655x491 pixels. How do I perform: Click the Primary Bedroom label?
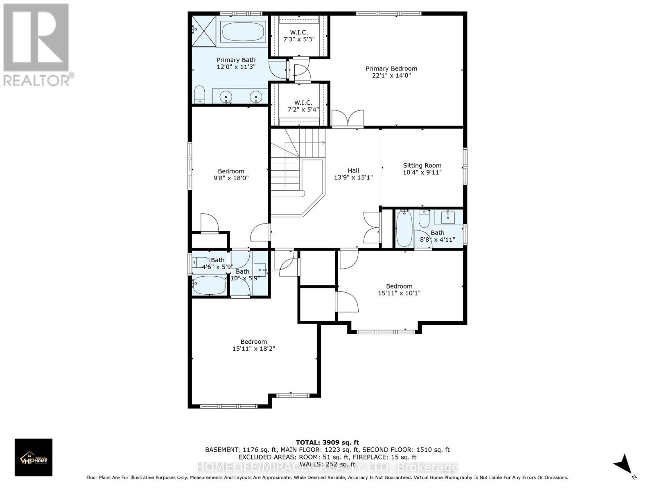[x=391, y=72]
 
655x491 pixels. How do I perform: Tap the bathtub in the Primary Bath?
[x=243, y=32]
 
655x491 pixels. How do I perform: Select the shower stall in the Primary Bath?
[x=203, y=31]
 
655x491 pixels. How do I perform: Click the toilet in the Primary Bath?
[x=199, y=95]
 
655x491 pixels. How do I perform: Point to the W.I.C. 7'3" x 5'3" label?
[x=299, y=36]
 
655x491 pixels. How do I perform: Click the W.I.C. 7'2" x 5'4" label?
[x=303, y=106]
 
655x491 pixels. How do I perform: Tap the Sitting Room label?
[x=422, y=169]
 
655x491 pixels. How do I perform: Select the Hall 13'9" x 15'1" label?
[x=353, y=174]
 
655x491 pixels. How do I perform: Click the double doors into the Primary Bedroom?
[x=348, y=119]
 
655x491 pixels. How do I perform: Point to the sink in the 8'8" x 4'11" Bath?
[x=448, y=217]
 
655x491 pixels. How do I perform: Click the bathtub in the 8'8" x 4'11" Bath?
[x=404, y=228]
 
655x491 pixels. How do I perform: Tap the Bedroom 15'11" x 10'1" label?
[x=399, y=290]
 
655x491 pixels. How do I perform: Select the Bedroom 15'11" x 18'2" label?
[x=253, y=345]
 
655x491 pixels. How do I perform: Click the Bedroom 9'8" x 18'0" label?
[x=231, y=175]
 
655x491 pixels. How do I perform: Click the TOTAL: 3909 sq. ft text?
[x=327, y=442]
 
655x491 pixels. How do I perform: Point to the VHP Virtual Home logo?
[x=34, y=457]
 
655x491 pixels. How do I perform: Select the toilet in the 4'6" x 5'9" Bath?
[x=201, y=262]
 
